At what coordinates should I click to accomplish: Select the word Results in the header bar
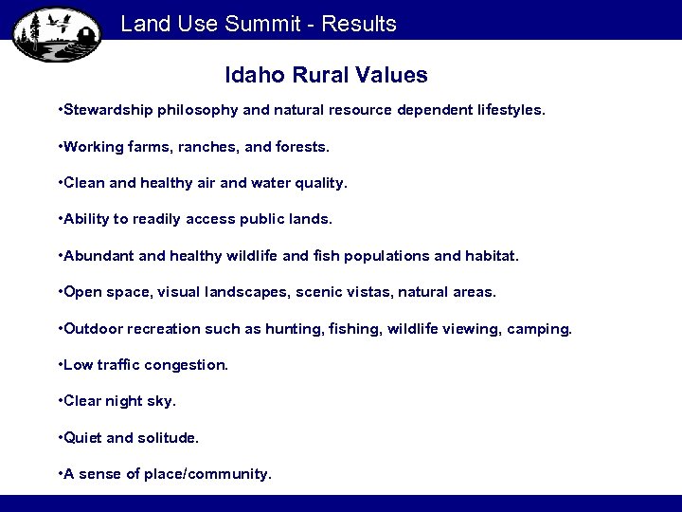coord(359,24)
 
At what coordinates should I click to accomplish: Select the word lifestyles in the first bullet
coord(512,110)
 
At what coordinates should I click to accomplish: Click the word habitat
coord(493,256)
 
